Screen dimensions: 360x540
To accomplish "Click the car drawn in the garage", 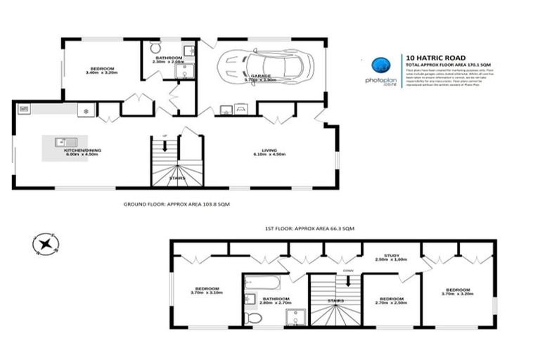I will pos(262,67).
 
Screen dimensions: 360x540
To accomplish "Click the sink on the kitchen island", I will pos(61,141).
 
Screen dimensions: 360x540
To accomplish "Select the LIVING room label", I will pos(269,150).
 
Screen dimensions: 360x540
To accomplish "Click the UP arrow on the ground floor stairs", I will pos(165,146).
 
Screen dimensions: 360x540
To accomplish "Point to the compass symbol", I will pos(45,245).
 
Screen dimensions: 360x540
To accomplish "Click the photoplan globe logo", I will pos(382,64).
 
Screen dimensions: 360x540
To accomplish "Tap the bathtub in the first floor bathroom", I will pos(262,283).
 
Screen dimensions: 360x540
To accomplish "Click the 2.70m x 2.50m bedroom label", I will pos(392,300).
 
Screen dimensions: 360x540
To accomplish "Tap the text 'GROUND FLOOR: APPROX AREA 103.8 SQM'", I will pos(176,203).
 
